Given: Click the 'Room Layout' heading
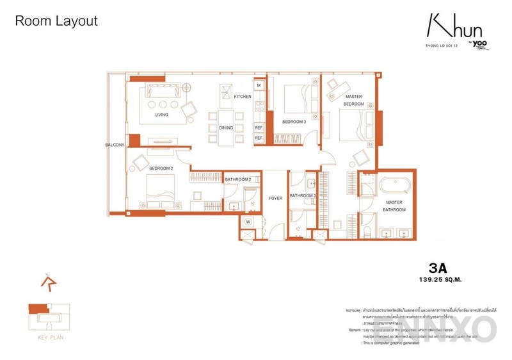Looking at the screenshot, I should (x=56, y=20).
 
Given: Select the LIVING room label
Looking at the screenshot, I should (x=161, y=115).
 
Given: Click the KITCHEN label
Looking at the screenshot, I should (x=242, y=97).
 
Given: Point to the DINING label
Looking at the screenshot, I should (x=226, y=127).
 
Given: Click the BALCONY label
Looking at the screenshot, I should (x=115, y=145).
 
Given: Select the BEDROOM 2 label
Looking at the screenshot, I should (x=161, y=168).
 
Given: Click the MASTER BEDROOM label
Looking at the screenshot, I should (x=354, y=100).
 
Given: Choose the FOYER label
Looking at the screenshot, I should (x=275, y=198).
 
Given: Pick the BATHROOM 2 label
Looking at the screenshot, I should (x=237, y=180).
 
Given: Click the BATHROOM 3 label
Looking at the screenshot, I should (x=303, y=195).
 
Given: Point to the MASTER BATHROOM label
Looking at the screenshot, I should (x=394, y=206).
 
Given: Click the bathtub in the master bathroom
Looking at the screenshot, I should (x=394, y=186).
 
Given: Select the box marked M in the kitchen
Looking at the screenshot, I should (x=259, y=85).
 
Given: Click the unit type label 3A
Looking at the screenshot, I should (x=438, y=268).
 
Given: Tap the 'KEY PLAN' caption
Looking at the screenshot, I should (x=51, y=336).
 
